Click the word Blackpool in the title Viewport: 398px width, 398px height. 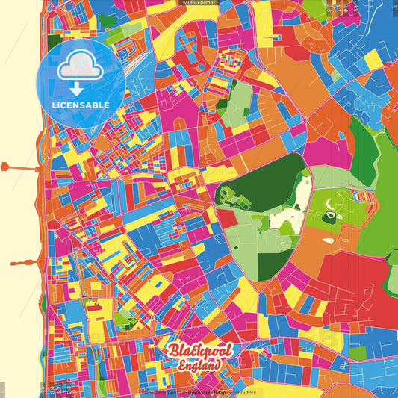pos(199,351)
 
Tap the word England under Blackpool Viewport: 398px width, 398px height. pos(199,366)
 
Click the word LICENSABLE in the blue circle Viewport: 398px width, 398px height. pos(81,105)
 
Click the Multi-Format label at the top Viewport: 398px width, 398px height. pos(199,4)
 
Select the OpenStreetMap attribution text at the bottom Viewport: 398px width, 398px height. pos(224,392)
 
